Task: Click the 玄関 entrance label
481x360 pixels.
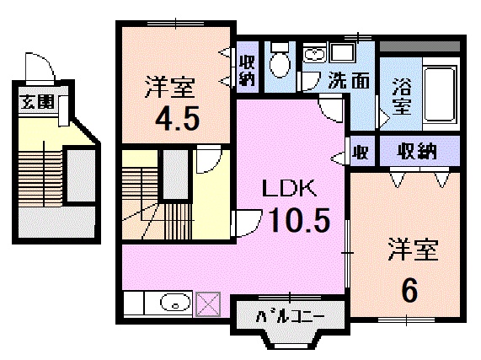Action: click(x=37, y=101)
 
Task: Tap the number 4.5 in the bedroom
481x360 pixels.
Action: click(x=177, y=118)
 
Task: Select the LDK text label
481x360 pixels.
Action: click(x=289, y=188)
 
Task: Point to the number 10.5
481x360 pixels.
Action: click(x=299, y=220)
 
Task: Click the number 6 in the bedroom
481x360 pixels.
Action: click(x=410, y=290)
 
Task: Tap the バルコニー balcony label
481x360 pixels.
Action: click(x=290, y=316)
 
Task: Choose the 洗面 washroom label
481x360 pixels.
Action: click(x=349, y=80)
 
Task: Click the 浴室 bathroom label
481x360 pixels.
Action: click(x=401, y=96)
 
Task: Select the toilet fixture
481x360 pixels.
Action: click(x=280, y=61)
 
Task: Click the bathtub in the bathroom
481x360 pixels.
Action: click(x=439, y=94)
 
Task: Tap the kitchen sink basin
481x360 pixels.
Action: click(x=175, y=303)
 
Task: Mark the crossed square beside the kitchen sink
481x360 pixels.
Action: click(x=208, y=304)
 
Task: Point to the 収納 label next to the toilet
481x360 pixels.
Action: click(x=247, y=71)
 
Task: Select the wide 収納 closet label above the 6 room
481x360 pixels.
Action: click(x=417, y=151)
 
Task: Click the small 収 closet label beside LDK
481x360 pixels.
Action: click(x=361, y=152)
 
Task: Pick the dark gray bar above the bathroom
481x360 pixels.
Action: click(x=420, y=46)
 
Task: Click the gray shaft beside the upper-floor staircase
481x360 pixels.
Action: click(x=175, y=175)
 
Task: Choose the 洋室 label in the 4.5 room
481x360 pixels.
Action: click(x=170, y=88)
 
